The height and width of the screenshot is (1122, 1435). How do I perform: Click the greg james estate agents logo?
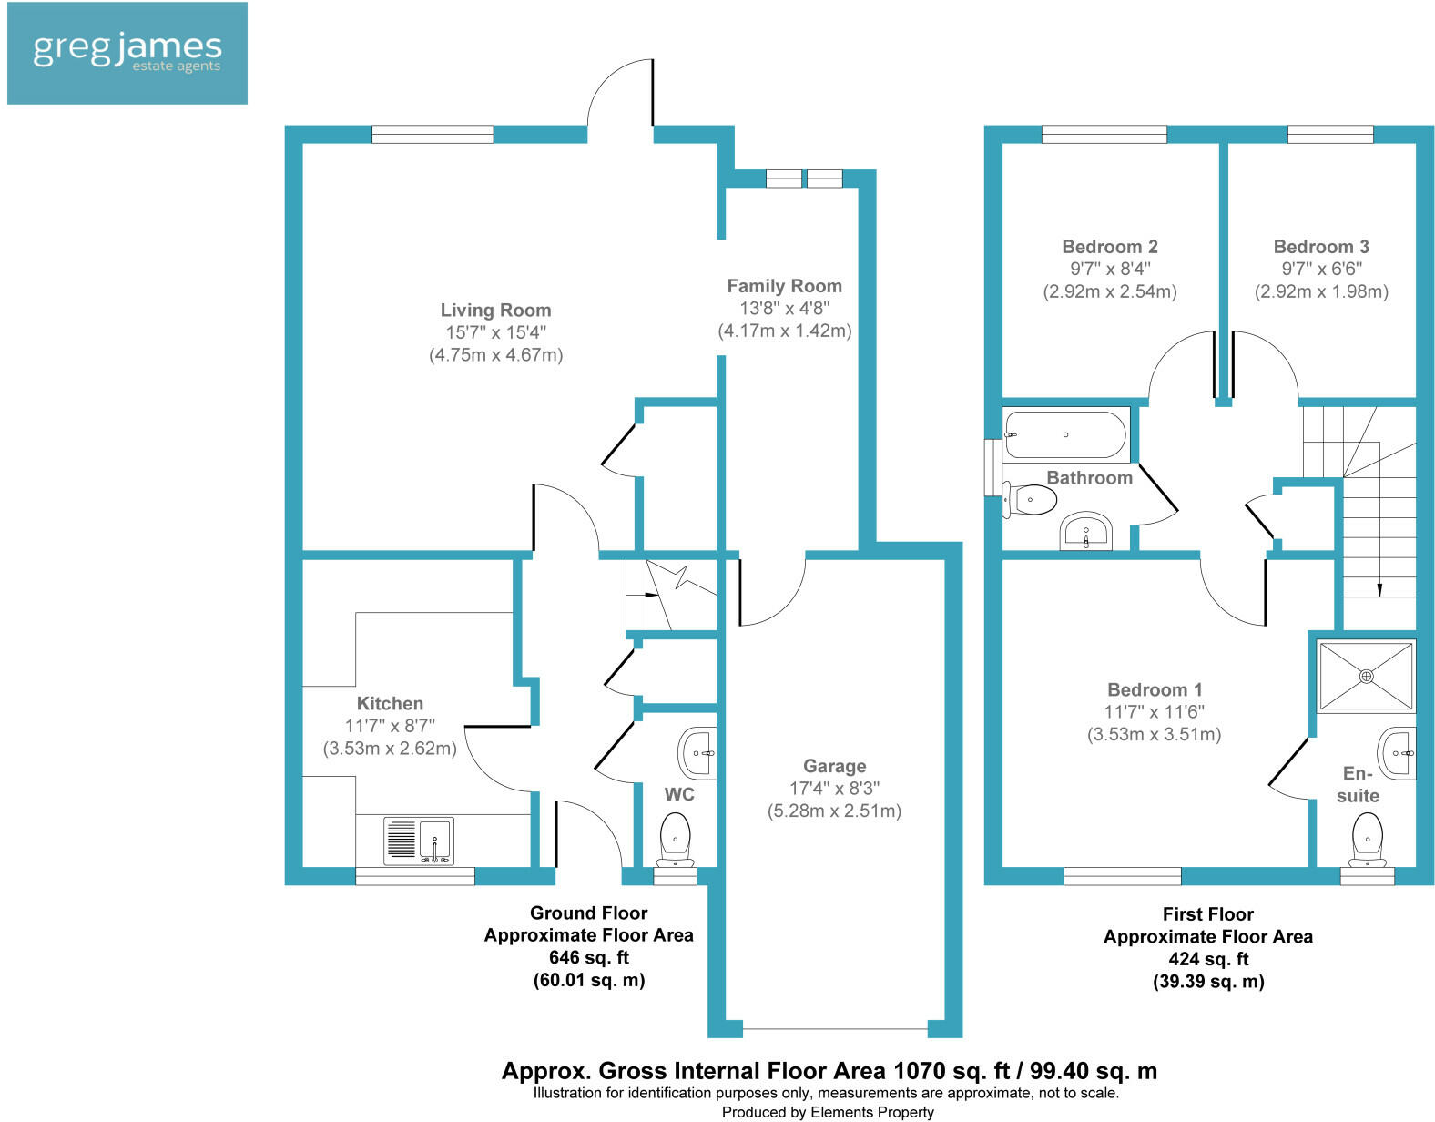click(127, 53)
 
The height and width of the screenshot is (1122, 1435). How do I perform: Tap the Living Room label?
click(495, 311)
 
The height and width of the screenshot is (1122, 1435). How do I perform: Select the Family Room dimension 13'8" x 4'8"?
click(784, 309)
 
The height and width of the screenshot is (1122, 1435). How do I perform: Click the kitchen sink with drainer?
click(419, 840)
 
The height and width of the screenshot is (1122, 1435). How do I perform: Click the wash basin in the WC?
click(698, 753)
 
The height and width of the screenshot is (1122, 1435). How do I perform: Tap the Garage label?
click(834, 766)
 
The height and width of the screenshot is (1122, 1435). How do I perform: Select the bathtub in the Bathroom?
click(1065, 434)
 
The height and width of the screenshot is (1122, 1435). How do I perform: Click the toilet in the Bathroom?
click(1030, 499)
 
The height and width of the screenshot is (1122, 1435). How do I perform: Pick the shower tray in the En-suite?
click(1366, 676)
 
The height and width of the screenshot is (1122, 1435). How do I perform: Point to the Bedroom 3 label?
click(1320, 247)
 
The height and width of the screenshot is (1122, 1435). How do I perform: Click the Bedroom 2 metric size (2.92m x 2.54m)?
click(1109, 291)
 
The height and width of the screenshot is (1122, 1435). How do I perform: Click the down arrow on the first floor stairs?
click(1379, 588)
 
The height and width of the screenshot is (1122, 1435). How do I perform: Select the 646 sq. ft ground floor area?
click(588, 957)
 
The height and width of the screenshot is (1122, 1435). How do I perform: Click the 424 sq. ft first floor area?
click(1207, 959)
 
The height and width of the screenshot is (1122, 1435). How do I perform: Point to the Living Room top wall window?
click(433, 135)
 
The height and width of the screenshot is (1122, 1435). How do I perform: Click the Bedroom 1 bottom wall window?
click(1122, 876)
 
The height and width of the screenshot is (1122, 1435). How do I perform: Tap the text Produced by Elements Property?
click(828, 1112)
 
